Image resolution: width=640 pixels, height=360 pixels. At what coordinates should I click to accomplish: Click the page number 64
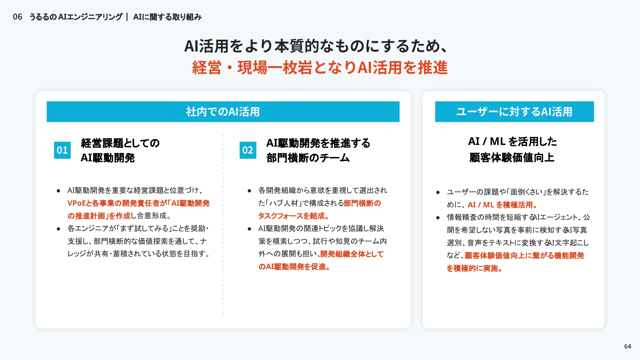628,346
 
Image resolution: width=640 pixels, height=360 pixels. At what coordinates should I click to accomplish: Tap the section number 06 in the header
18,17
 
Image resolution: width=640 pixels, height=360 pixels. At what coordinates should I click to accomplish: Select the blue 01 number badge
62,150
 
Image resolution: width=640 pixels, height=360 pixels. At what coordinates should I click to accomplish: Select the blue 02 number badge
248,150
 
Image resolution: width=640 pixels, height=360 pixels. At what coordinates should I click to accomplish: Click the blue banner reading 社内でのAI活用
223,112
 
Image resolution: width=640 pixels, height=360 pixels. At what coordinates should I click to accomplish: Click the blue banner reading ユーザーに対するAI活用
514,112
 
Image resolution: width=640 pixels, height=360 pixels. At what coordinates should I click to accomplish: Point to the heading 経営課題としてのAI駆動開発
120,150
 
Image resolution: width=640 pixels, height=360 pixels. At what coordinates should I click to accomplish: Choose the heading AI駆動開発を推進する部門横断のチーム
318,150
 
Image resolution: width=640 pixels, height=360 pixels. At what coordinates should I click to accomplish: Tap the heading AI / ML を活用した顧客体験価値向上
512,149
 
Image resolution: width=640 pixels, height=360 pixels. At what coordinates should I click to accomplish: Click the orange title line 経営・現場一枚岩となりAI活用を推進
320,68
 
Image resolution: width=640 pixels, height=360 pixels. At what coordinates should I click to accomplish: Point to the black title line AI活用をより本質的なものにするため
315,46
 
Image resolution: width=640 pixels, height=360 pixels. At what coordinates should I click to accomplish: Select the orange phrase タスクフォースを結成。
294,216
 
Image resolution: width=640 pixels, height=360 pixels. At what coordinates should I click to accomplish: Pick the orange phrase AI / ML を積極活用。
502,205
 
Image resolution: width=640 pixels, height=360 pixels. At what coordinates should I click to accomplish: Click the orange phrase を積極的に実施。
475,268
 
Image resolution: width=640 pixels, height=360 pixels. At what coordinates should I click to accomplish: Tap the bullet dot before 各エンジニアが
58,229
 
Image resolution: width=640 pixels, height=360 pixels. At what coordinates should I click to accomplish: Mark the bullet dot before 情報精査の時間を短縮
438,218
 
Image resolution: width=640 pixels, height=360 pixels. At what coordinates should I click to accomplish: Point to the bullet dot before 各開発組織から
249,191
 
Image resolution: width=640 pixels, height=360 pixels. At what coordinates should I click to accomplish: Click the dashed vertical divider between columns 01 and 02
223,224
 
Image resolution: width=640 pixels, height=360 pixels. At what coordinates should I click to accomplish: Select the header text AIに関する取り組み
167,17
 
